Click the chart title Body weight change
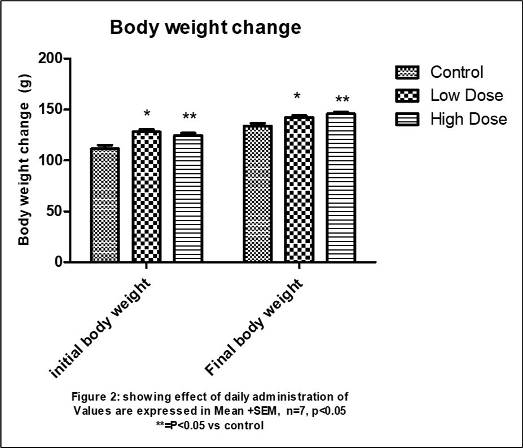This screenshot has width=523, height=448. [206, 28]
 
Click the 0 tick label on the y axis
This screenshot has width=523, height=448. [58, 262]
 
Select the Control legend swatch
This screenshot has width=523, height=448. [407, 73]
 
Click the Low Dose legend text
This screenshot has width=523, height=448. [466, 95]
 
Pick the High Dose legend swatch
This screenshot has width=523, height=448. [407, 119]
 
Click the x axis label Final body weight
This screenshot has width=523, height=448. [254, 328]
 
